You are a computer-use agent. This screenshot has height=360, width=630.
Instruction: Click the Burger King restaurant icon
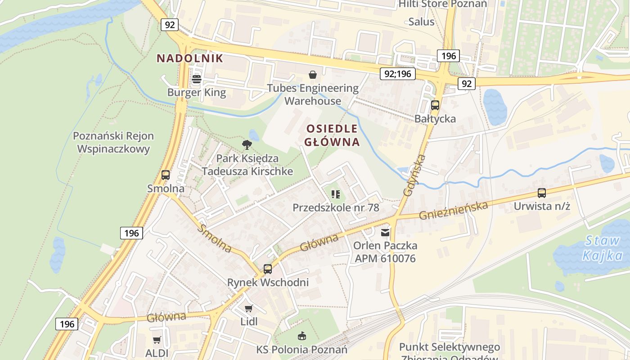click(197, 80)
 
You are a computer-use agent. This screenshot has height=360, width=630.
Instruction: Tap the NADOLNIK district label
click(189, 58)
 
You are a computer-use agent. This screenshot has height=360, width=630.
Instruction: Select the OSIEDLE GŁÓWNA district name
click(332, 135)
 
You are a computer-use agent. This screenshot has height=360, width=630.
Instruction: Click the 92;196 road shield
click(398, 74)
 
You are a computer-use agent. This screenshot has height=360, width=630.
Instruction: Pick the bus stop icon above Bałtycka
click(435, 105)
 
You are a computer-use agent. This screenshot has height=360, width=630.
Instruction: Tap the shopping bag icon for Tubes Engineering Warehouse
click(312, 75)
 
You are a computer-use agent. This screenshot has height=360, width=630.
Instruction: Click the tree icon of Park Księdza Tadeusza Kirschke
click(247, 145)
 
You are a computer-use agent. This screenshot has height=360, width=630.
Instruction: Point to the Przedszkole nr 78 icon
click(336, 194)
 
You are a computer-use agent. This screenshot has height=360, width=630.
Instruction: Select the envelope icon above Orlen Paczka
click(385, 233)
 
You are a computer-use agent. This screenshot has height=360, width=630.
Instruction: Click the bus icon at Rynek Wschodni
click(268, 269)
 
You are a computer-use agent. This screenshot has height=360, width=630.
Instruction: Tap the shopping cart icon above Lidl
click(249, 309)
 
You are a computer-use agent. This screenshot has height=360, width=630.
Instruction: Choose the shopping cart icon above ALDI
click(157, 340)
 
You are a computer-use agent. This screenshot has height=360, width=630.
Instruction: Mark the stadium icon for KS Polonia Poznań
click(301, 336)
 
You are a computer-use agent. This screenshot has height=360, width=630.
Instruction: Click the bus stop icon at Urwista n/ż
click(542, 193)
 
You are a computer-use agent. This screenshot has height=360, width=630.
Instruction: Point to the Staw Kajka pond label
click(602, 248)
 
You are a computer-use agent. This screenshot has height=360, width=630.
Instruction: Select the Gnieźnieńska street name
click(453, 210)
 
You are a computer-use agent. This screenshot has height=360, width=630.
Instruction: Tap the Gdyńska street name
click(414, 175)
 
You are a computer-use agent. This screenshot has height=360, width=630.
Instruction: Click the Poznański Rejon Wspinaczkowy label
click(113, 142)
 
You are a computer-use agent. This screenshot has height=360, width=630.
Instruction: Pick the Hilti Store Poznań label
click(443, 4)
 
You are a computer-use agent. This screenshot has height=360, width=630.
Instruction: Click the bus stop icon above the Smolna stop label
click(166, 175)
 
